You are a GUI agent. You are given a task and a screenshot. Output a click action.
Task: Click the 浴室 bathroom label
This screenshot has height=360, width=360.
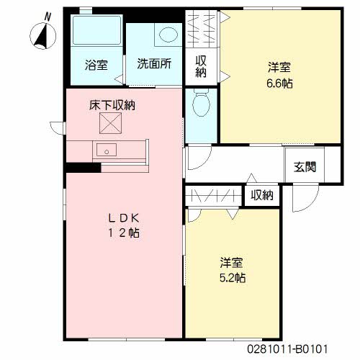(96, 65)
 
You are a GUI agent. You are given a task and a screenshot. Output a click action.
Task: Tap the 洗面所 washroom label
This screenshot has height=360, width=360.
(154, 63)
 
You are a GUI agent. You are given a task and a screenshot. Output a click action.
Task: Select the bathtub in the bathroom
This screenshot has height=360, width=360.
(96, 30)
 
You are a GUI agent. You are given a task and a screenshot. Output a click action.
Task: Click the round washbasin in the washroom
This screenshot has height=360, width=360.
(168, 34)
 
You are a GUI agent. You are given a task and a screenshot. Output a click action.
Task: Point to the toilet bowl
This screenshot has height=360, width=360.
(201, 102)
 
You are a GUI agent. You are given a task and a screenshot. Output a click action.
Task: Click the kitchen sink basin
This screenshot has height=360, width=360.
(107, 150)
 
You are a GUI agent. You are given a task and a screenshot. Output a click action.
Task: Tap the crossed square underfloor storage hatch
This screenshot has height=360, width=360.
(110, 123)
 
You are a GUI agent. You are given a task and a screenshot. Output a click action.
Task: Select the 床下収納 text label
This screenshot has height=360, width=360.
(112, 105)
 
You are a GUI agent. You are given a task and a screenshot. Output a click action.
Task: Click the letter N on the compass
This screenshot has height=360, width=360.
(48, 17)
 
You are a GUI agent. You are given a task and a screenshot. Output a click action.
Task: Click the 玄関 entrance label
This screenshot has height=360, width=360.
(305, 166)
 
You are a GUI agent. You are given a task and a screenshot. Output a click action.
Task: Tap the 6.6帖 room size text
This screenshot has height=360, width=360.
(279, 84)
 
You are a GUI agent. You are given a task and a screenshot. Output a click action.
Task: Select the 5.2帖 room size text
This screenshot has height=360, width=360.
(233, 278)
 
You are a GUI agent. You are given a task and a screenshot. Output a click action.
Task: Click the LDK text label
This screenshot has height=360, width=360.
(124, 218)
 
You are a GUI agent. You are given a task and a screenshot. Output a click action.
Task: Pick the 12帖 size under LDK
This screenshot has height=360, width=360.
(124, 233)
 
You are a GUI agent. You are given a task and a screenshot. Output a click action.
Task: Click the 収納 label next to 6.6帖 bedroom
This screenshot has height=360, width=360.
(201, 66)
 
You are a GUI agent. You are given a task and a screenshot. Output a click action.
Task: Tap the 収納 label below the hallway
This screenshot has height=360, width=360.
(262, 195)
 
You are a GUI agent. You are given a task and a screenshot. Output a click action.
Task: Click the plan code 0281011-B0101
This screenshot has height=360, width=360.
(287, 348)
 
